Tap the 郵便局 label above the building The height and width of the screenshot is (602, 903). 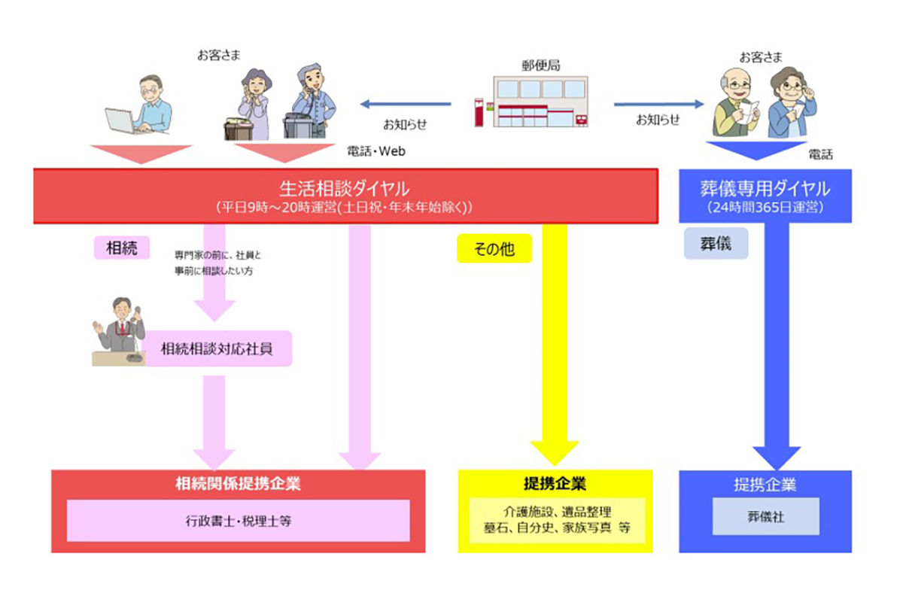(x=540, y=65)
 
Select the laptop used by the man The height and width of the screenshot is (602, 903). (x=120, y=121)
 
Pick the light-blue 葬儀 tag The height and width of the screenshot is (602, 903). (x=716, y=244)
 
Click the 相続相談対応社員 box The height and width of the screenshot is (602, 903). (x=217, y=348)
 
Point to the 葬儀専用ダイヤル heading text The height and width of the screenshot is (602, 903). (x=765, y=188)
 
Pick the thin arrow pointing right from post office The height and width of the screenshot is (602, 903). (x=658, y=104)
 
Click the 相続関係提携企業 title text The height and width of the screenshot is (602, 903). (x=238, y=484)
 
